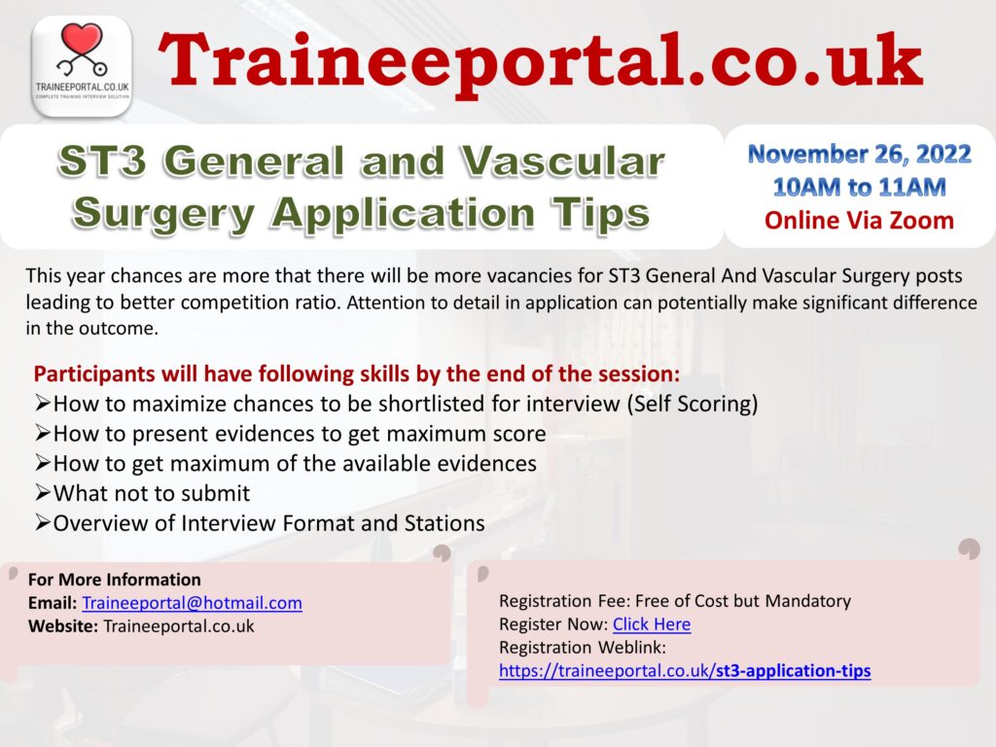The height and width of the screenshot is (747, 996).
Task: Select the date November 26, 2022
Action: [x=859, y=154]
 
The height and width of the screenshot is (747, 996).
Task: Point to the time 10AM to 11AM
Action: [x=859, y=186]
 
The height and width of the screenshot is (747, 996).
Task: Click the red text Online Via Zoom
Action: [x=859, y=221]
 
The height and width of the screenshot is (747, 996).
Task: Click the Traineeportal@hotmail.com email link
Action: [x=192, y=603]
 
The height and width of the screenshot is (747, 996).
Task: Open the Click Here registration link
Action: [x=651, y=624]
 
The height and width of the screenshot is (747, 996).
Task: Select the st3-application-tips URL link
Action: [x=685, y=670]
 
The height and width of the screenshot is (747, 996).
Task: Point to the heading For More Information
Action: [x=115, y=580]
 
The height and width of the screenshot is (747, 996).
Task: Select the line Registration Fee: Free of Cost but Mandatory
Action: [x=674, y=601]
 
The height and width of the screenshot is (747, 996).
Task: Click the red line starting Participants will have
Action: [x=356, y=374]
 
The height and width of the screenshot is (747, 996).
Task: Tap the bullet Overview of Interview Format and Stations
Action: [x=268, y=523]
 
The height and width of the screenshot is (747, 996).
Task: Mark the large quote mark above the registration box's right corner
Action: [x=968, y=551]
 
